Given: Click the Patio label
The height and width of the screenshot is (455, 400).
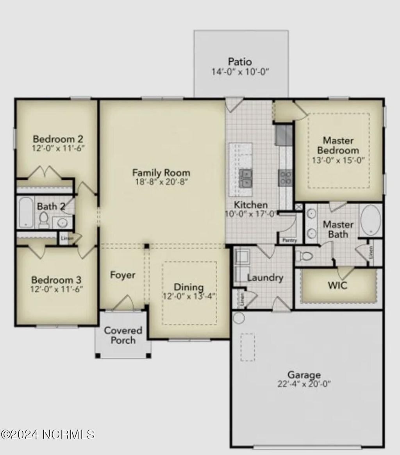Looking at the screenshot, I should coord(240,62).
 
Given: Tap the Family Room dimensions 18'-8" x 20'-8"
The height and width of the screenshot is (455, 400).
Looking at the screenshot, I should coord(161,182).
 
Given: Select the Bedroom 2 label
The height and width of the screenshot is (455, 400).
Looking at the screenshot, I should coord(58,139).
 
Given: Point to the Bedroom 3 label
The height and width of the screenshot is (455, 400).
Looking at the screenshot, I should coord(56,280).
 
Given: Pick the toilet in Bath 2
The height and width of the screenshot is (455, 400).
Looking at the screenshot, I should coord(43,219).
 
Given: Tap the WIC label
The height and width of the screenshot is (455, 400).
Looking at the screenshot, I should coord(337,285).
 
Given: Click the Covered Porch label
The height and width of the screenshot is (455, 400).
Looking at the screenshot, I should coord(123,335).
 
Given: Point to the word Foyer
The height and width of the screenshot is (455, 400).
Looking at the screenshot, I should coord(123,275).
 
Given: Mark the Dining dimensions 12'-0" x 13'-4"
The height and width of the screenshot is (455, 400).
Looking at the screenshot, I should coord(189,296).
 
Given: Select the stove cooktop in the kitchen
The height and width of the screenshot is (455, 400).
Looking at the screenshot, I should coord(285,177).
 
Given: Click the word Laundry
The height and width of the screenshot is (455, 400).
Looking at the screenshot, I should coord(265,278).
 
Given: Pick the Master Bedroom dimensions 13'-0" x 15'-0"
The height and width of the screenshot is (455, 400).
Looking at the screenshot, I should coord(338,160).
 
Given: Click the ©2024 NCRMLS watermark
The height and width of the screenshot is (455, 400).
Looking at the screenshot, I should coord(48,434).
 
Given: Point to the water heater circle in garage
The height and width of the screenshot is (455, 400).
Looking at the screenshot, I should coord(238,318).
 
